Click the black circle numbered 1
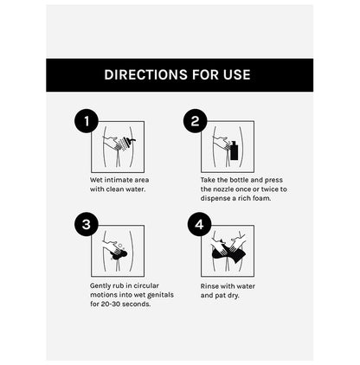pos(87,121)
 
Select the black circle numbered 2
pos(196,121)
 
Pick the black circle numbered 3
pos(87,224)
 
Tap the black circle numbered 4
pos(199,224)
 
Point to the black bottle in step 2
pos(235,150)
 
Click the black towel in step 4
pos(228,253)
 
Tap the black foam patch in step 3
pos(119,254)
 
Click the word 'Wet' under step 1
pos(96,180)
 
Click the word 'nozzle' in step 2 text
pos(223,189)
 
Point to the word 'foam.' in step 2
pos(261,198)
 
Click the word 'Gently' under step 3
pos(100,285)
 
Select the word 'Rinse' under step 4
pos(209,286)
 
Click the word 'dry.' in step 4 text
pos(234,296)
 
